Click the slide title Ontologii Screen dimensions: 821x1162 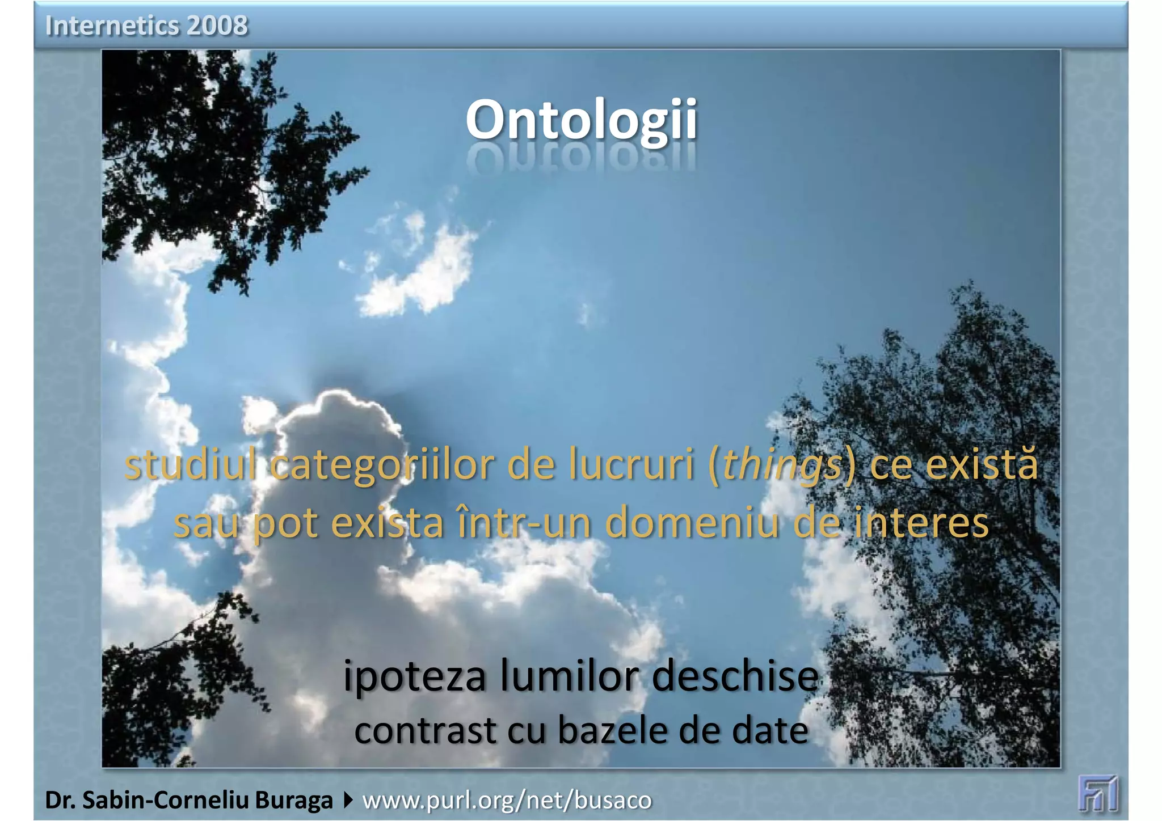(581, 120)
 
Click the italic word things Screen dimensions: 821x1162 (781, 465)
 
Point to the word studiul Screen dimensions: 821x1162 (190, 465)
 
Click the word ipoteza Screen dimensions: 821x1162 (415, 677)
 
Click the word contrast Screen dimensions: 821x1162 (425, 731)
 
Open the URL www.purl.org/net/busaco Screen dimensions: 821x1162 (507, 801)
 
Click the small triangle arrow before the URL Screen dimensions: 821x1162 (348, 801)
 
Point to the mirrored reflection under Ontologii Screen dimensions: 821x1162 (581, 159)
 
